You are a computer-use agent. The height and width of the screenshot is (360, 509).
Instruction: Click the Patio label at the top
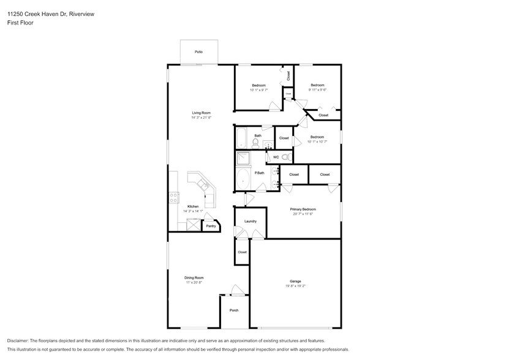tap(198, 52)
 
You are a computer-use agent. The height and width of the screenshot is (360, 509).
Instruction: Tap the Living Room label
tap(201, 113)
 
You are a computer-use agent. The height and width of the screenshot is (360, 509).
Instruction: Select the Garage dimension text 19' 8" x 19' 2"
tap(295, 286)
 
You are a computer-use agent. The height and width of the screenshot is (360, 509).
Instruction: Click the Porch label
tap(234, 310)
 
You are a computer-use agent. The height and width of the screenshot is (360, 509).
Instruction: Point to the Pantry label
tap(211, 227)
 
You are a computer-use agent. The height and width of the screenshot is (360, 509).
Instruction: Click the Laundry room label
tap(250, 221)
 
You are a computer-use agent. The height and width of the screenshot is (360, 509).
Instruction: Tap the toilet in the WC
tap(285, 157)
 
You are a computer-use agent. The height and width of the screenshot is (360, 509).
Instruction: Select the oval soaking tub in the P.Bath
tap(244, 181)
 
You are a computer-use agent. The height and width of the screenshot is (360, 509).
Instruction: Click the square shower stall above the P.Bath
tap(243, 159)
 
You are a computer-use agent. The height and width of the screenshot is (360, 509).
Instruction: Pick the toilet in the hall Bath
tap(256, 142)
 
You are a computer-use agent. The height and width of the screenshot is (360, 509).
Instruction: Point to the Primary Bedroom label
tap(303, 209)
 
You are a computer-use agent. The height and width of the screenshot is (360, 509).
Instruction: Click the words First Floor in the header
tap(20, 23)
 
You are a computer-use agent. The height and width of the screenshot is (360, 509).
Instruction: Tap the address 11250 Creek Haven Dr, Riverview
tap(47, 13)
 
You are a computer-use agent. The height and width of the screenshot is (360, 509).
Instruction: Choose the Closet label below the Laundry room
tap(242, 252)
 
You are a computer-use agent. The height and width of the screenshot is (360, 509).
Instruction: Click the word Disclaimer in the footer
tap(21, 340)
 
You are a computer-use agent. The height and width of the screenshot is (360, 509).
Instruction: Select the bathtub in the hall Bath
tap(241, 138)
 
